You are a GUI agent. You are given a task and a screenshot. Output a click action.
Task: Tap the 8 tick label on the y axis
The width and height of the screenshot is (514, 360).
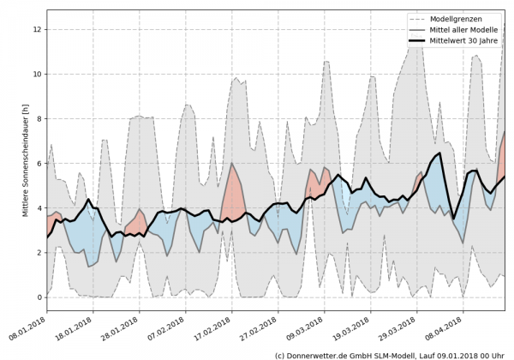coord(39,118)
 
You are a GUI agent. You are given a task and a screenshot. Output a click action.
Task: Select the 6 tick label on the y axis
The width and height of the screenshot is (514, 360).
coord(39,163)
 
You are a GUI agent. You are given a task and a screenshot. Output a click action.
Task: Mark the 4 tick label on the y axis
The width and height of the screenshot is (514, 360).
coord(39,207)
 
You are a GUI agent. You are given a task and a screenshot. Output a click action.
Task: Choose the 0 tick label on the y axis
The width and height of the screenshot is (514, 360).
coord(39,297)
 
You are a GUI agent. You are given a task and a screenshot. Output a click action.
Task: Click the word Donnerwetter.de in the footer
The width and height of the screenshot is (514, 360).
coord(324,354)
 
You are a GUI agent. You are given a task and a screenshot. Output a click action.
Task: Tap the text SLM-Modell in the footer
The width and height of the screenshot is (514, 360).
coord(398,354)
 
